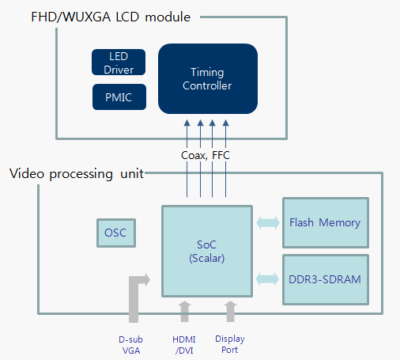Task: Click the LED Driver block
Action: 119,63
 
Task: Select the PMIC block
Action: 119,97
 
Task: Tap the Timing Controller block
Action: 208,78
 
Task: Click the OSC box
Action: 116,233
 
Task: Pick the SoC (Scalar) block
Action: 207,252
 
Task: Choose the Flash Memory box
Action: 326,223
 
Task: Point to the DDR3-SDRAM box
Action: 326,280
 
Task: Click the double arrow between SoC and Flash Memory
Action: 268,223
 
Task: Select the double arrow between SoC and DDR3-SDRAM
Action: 267,279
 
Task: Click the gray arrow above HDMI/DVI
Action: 184,312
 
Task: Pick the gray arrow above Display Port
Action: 231,312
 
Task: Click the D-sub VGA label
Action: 131,345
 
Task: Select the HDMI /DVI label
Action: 184,345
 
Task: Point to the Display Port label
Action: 230,344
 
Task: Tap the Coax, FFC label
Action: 206,155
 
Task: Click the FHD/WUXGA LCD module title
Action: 111,17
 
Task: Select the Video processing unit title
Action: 77,174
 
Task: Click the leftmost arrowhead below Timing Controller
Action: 187,123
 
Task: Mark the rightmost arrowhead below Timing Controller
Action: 225,123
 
